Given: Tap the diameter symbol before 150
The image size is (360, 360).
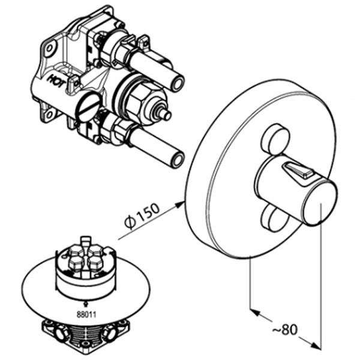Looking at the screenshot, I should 128,223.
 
